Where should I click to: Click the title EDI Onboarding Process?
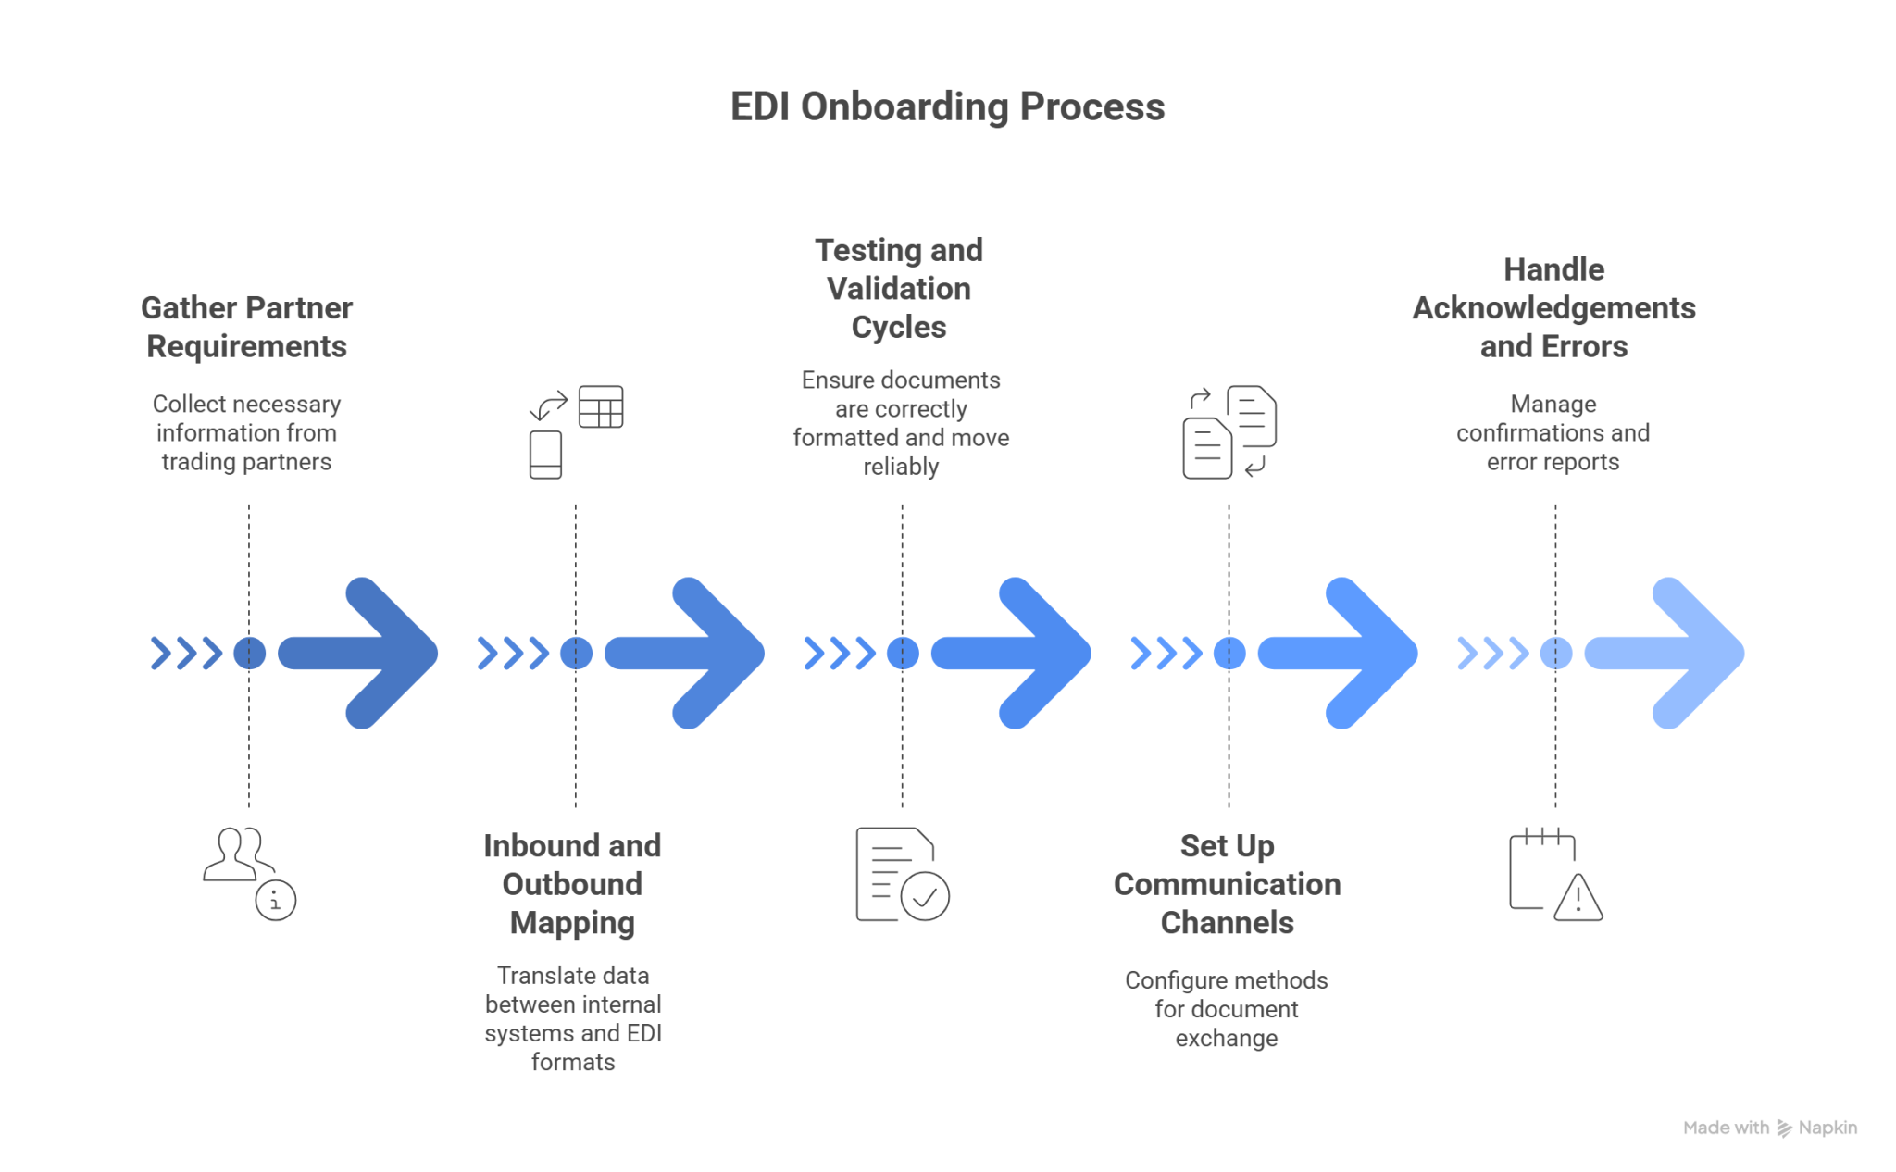click(x=946, y=107)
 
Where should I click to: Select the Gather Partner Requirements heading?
click(x=246, y=327)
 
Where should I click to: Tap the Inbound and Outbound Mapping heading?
click(x=572, y=884)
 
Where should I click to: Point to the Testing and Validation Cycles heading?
click(x=899, y=288)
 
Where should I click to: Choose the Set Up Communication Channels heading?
click(x=1227, y=884)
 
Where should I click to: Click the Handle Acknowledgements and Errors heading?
click(x=1553, y=307)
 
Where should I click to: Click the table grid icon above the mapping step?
click(x=601, y=406)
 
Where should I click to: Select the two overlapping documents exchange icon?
click(x=1229, y=431)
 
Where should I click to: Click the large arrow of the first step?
click(x=361, y=653)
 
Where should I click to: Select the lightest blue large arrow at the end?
click(x=1666, y=653)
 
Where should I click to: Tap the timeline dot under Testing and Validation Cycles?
click(x=903, y=653)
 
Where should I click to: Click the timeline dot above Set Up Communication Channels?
click(x=1229, y=653)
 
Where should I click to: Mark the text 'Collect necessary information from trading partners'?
click(x=246, y=432)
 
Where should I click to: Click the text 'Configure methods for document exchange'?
click(x=1227, y=1009)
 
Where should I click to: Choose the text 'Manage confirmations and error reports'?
click(x=1553, y=432)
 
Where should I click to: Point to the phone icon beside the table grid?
click(x=545, y=454)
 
